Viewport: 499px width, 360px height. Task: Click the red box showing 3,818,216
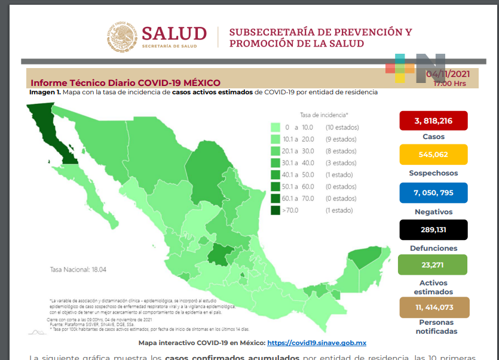(433, 121)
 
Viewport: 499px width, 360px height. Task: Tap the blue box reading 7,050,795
(433, 193)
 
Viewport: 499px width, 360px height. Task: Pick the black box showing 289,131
(433, 229)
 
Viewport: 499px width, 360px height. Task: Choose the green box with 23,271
(433, 264)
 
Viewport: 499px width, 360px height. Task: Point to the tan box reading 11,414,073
(433, 307)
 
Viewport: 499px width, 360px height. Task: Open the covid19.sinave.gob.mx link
(316, 343)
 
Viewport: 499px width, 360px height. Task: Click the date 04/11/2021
(448, 74)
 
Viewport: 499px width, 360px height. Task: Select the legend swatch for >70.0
(275, 210)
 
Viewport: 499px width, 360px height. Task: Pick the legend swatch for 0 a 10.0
(275, 127)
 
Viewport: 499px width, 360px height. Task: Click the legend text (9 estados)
(341, 139)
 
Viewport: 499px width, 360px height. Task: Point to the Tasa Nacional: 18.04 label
(78, 269)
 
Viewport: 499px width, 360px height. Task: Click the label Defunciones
(433, 248)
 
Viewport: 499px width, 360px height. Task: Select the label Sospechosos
(433, 173)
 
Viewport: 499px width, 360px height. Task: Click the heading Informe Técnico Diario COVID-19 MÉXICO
(125, 83)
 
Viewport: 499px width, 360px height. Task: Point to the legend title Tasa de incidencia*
(324, 114)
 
